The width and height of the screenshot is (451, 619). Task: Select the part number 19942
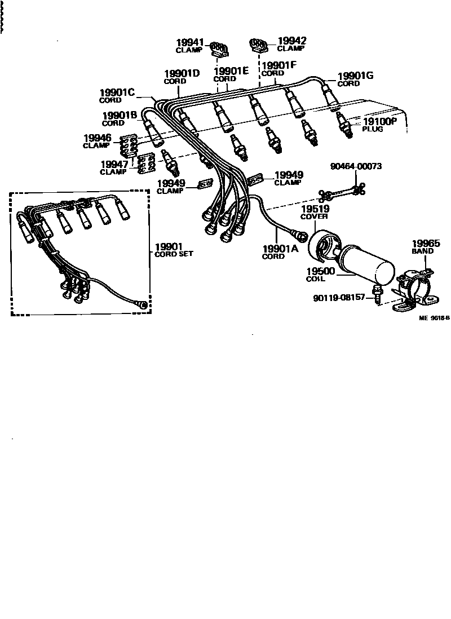291,41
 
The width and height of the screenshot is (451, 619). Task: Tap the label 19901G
355,76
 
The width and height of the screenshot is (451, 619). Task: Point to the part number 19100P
379,121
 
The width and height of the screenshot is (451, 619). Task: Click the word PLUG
372,129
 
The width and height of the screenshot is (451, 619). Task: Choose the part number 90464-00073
356,166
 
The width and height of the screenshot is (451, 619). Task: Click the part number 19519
315,209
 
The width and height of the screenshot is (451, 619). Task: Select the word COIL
315,278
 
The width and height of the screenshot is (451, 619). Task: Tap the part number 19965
426,244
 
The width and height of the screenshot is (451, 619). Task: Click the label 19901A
280,249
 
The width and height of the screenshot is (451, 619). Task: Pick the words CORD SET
174,254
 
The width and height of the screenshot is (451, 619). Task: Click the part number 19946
98,138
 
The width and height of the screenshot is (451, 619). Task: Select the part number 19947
115,164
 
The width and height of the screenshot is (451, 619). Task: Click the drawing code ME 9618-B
434,318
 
